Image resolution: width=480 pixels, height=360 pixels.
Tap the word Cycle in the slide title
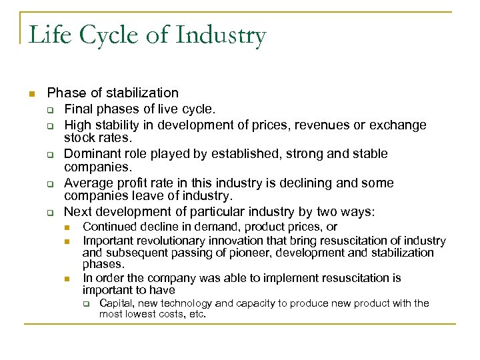point(110,35)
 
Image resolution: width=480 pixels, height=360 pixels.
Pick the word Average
point(90,183)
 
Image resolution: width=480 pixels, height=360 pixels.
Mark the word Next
point(78,212)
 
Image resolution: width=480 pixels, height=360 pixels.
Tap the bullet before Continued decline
point(67,228)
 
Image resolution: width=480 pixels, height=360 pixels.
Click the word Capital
point(114,303)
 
